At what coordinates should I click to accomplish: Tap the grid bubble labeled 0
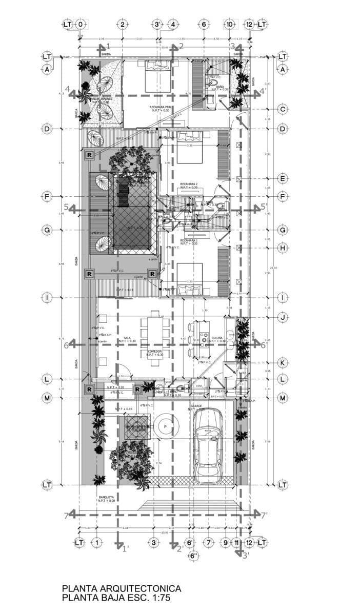point(81,24)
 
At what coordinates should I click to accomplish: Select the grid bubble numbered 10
point(230,24)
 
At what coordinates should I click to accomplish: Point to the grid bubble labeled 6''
point(193,557)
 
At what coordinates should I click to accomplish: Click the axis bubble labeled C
point(282,109)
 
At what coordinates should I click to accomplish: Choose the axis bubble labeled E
point(282,179)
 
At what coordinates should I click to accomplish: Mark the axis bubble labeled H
point(282,248)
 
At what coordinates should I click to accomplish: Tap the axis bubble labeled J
point(282,318)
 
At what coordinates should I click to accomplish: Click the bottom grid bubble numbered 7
point(208,542)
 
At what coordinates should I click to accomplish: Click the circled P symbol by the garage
point(165,426)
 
